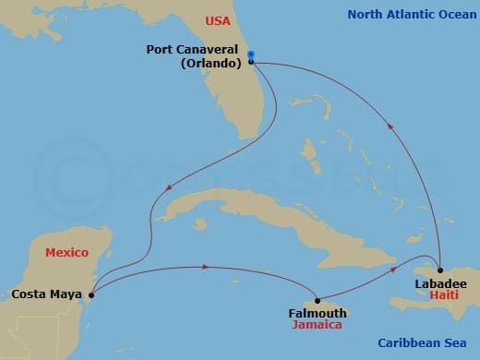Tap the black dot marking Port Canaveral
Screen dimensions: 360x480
coord(251,63)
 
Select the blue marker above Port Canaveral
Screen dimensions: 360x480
coord(251,54)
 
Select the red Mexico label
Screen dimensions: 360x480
coord(67,252)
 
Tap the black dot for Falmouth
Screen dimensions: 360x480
coord(317,300)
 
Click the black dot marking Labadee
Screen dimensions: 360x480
coord(441,269)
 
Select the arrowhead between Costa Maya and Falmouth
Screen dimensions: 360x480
coord(204,268)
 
